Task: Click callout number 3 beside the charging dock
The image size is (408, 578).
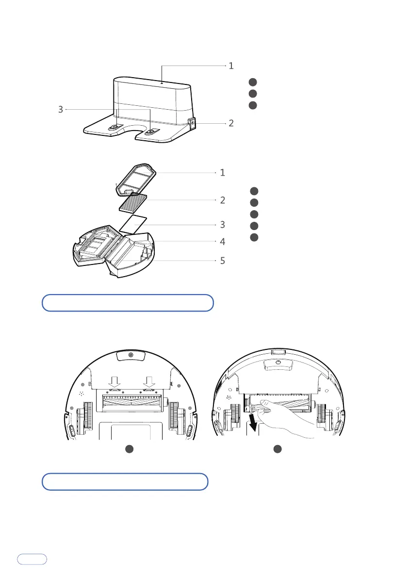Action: coord(61,110)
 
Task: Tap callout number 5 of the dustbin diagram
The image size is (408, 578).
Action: coord(222,260)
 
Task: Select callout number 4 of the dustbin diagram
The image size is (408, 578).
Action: coord(222,241)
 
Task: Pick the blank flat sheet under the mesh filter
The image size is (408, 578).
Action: coord(133,224)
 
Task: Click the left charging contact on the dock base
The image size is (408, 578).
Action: coord(114,127)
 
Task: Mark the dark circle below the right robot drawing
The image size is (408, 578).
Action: coord(277,449)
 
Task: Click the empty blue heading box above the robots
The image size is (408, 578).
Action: coord(128,302)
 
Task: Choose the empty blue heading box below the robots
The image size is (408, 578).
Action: coord(125,482)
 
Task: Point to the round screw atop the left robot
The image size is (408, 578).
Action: coord(131,355)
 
